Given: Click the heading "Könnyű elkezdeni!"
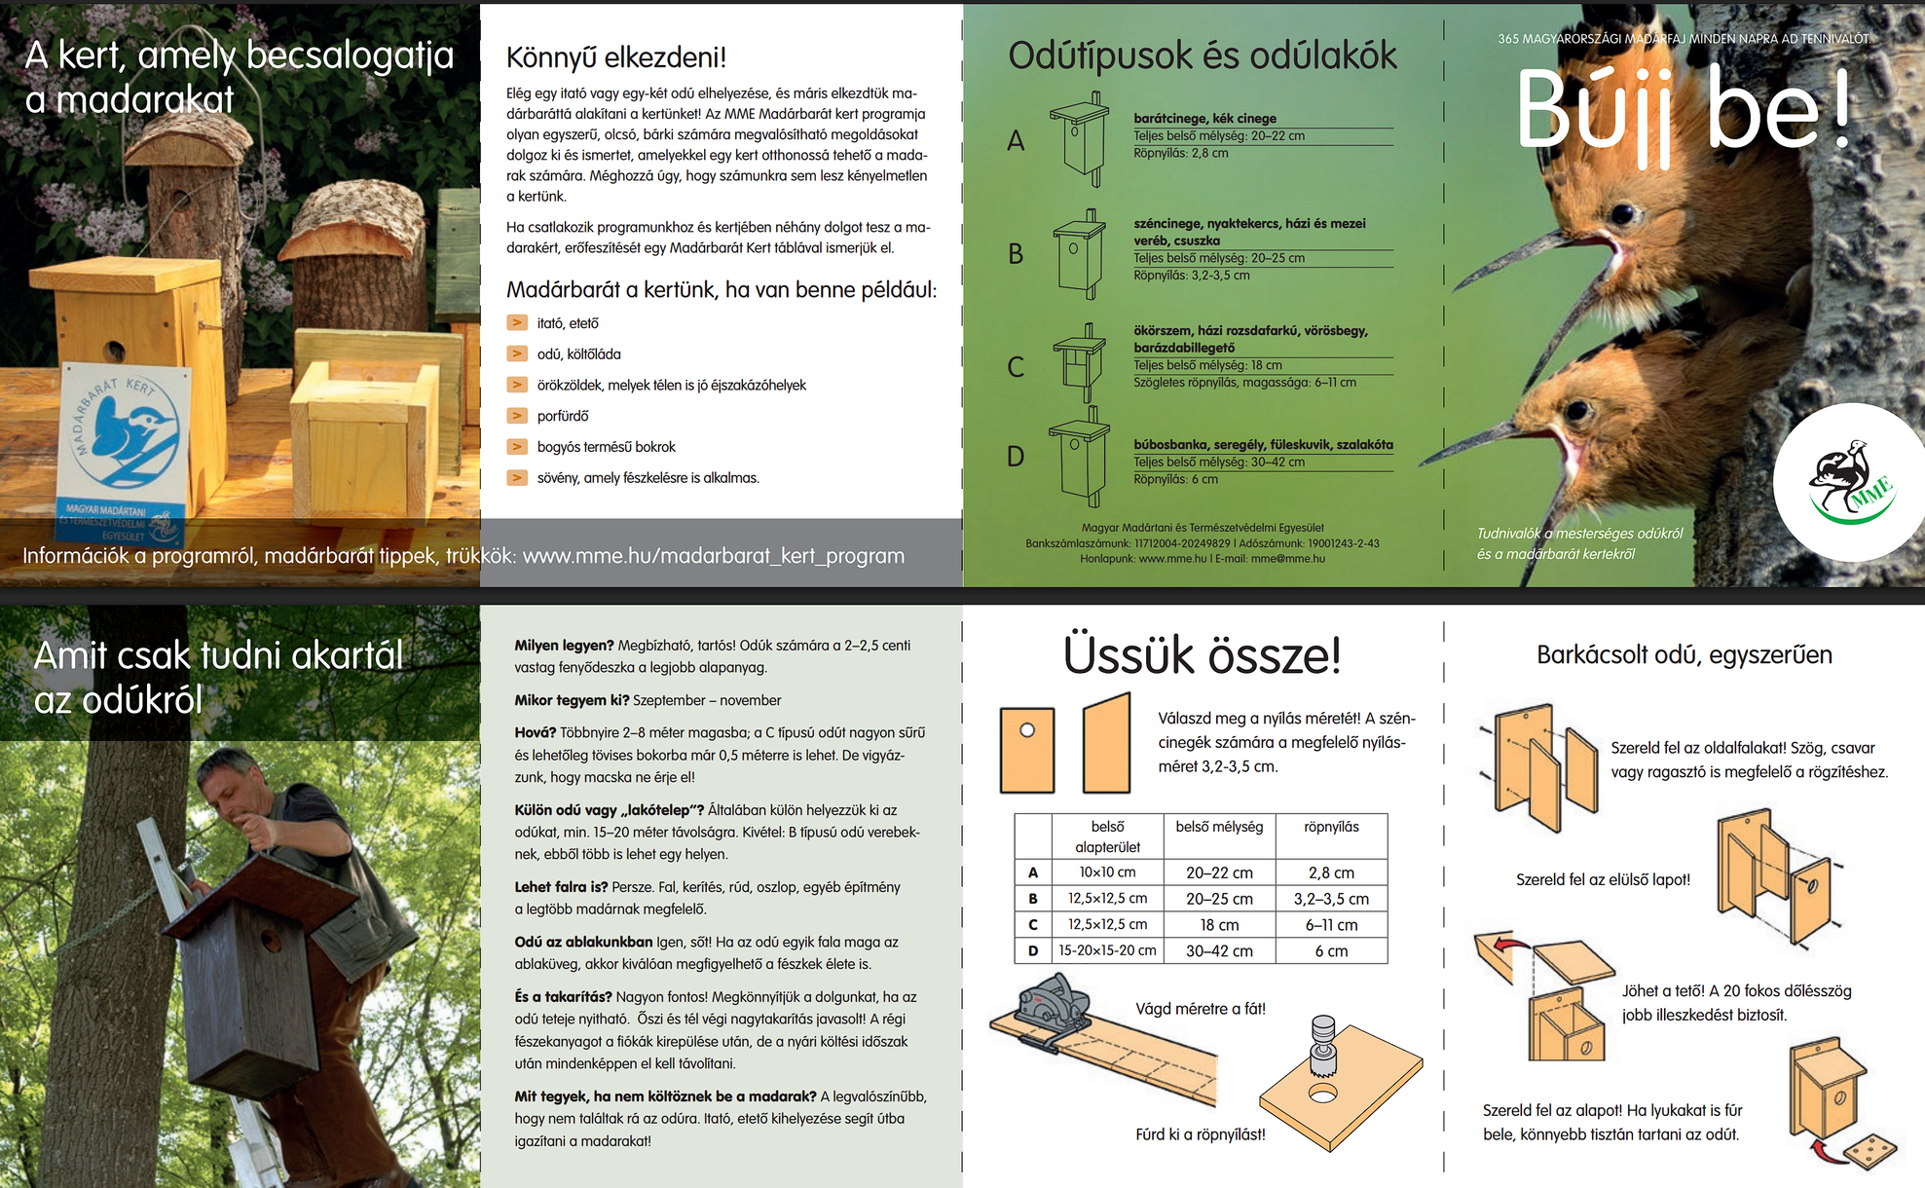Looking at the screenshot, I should [616, 57].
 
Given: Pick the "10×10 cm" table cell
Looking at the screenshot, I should [1107, 872].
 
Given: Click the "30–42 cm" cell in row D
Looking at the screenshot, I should [1219, 951].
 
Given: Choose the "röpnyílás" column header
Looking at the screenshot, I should [1331, 827].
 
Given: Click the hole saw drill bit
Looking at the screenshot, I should [1323, 1047].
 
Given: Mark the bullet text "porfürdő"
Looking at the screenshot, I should [563, 416].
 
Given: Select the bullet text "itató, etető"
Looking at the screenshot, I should [568, 323].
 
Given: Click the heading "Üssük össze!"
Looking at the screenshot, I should [1202, 655].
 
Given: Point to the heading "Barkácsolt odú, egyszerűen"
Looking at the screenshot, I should [1684, 655].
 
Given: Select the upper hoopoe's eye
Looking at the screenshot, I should [1621, 212].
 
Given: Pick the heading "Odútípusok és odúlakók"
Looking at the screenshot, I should [1202, 56].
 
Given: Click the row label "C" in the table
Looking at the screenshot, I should [1032, 925].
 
